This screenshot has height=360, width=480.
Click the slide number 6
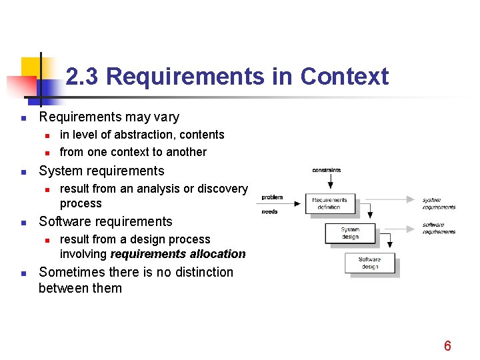click(x=447, y=345)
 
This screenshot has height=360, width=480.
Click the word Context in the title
click(x=344, y=77)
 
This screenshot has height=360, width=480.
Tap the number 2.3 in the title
click(x=83, y=77)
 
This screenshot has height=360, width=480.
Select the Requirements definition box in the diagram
click(x=329, y=203)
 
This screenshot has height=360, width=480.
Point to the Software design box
click(x=369, y=263)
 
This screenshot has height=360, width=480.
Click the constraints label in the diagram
click(x=327, y=170)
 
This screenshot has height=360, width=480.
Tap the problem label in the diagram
click(x=272, y=197)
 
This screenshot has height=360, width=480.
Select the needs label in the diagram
click(x=270, y=211)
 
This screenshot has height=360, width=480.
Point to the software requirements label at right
click(x=439, y=228)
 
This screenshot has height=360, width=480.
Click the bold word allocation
click(x=218, y=254)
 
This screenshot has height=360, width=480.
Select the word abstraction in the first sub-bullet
click(x=155, y=135)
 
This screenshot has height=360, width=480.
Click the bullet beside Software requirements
click(x=23, y=223)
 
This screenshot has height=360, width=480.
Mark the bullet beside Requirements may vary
click(x=23, y=118)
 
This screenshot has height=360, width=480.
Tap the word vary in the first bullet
click(x=166, y=117)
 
